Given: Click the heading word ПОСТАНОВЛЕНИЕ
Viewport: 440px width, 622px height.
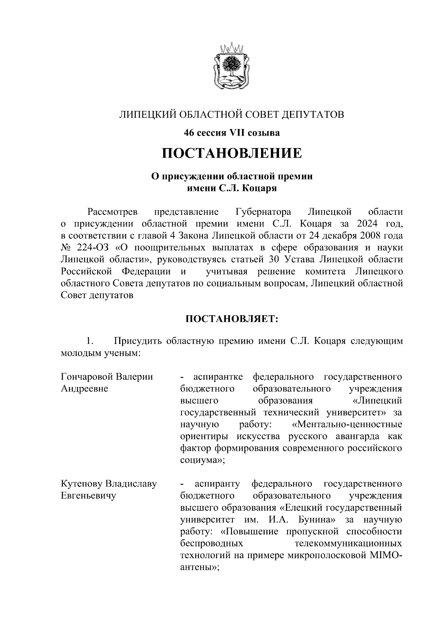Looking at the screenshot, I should [232, 153].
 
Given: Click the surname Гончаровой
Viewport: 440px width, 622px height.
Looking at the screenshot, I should [87, 377].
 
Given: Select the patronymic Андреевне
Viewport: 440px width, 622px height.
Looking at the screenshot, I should [84, 389].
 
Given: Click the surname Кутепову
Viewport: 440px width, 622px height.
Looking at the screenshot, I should [81, 484].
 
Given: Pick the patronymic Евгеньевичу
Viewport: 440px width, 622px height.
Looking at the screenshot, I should [88, 496].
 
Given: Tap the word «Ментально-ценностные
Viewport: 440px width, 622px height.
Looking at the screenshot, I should [347, 424].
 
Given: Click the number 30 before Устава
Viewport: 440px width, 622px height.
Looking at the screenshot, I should [274, 260].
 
